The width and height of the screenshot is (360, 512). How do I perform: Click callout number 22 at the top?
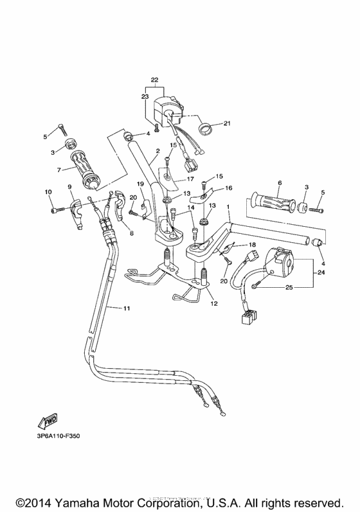coord(154,80)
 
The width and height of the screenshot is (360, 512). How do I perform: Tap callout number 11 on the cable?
coord(127,309)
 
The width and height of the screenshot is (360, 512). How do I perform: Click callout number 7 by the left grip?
coord(59,170)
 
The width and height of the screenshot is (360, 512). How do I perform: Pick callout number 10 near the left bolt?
coord(48,192)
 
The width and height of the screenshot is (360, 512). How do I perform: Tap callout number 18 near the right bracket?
coord(252,245)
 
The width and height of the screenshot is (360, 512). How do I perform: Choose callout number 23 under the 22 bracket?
coord(145,96)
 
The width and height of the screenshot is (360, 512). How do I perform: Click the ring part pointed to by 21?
coord(206,128)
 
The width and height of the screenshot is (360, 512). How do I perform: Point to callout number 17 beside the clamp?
coord(191,179)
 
